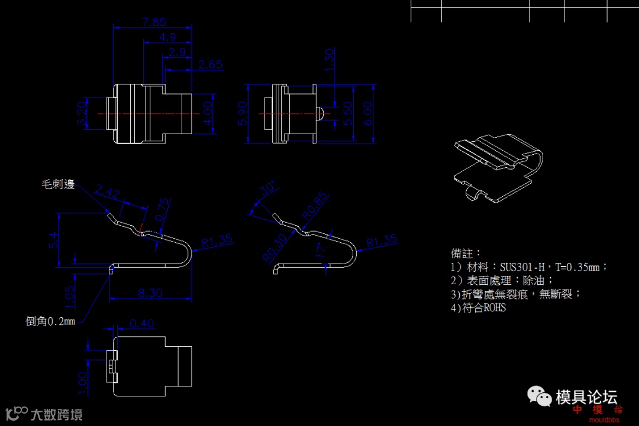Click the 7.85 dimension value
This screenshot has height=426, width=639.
tap(154, 22)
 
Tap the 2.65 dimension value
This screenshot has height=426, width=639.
tap(211, 64)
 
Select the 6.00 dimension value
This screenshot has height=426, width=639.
tap(368, 112)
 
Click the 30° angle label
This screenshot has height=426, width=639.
tap(268, 190)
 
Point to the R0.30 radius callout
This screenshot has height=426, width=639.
tap(275, 248)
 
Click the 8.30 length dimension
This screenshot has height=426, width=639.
tap(151, 292)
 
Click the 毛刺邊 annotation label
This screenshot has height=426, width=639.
tap(58, 184)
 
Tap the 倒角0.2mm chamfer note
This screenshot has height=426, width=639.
tap(50, 321)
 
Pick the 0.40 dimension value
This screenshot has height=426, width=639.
tap(141, 323)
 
